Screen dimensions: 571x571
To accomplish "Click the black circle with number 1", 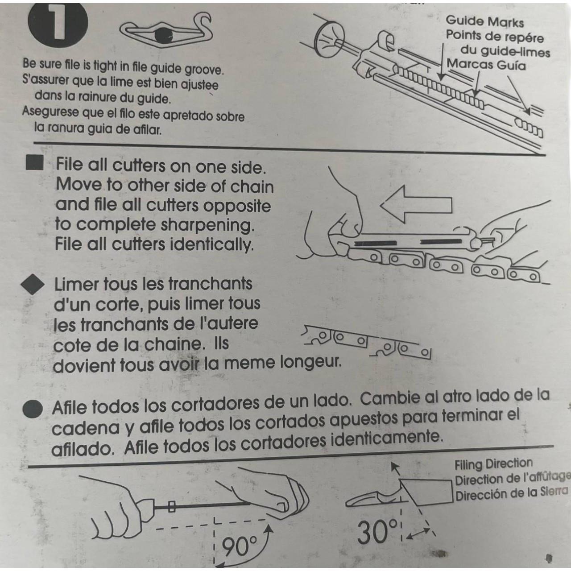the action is [58, 25].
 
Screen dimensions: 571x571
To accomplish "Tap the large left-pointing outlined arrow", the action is [416, 205].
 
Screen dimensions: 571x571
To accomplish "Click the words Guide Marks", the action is [484, 21].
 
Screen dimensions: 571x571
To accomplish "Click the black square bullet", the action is [35, 163].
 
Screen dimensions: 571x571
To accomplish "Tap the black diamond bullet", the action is [33, 284].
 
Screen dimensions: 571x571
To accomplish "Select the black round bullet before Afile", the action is [33, 409].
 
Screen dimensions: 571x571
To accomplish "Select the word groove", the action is [203, 70].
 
